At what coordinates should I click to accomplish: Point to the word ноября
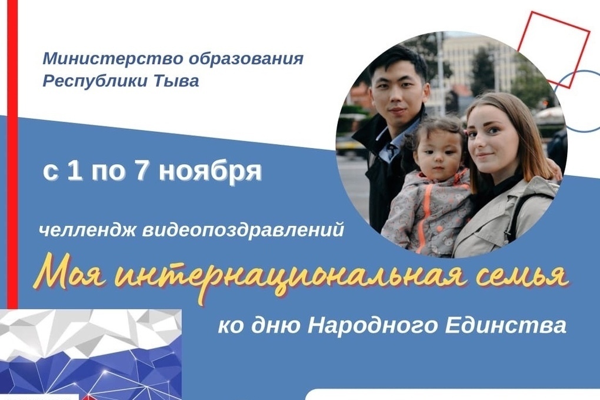point(210,172)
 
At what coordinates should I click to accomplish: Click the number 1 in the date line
point(75,170)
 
